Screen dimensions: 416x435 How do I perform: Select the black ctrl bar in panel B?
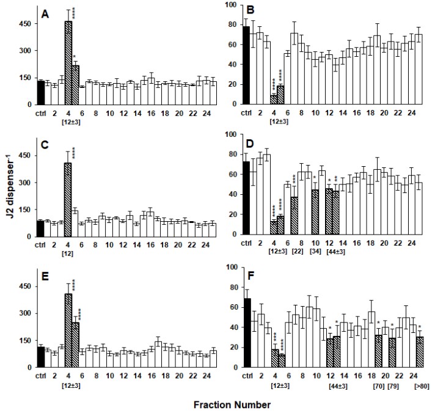tap(247, 66)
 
